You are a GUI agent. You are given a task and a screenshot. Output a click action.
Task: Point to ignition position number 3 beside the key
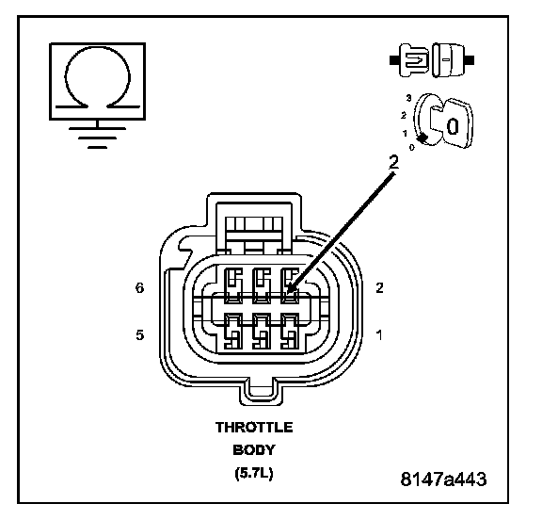pos(409,98)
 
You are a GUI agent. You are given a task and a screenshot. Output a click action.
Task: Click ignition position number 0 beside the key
pos(411,148)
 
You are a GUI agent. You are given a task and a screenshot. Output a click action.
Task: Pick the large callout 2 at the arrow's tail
pos(393,162)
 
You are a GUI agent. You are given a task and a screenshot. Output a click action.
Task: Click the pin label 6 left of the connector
pos(139,288)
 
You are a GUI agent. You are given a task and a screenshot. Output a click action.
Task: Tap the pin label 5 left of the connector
pos(139,335)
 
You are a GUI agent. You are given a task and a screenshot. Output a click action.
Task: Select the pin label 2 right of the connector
pos(379,288)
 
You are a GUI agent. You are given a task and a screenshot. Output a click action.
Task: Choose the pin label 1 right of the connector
pos(379,335)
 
